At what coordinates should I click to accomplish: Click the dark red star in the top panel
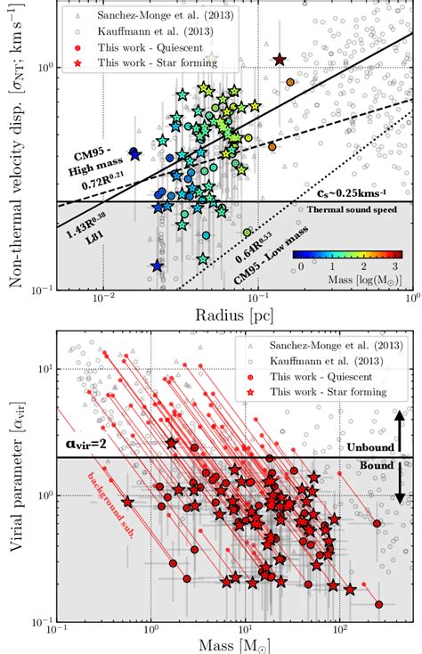click(x=280, y=60)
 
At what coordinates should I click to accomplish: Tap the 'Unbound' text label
click(x=369, y=450)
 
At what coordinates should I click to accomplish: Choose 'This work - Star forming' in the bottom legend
click(x=334, y=391)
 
